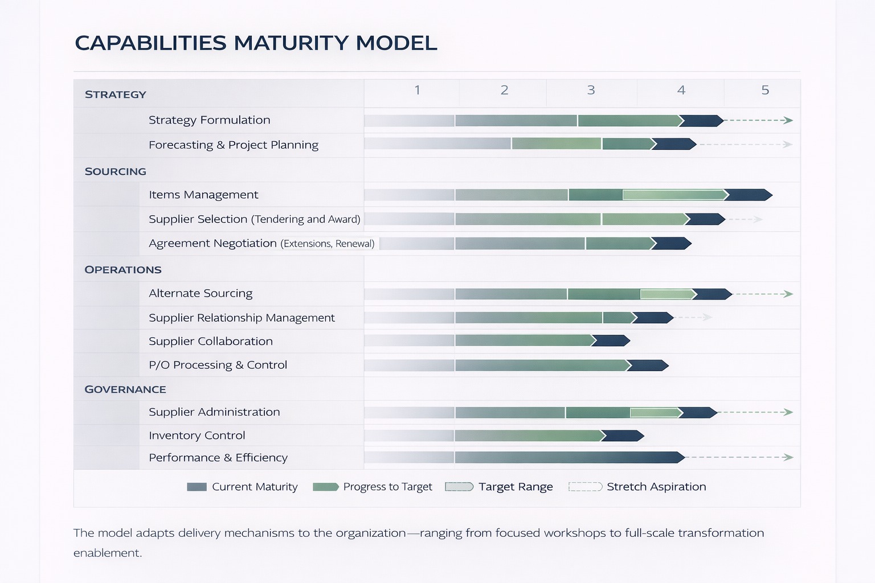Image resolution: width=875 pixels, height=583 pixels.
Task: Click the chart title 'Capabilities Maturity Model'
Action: click(x=256, y=43)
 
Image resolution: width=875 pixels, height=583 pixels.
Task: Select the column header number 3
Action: click(x=591, y=90)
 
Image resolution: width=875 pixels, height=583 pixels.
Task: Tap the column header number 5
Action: click(x=765, y=90)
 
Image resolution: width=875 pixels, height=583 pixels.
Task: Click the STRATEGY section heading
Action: click(x=116, y=95)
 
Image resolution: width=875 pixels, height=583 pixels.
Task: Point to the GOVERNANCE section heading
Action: click(x=125, y=389)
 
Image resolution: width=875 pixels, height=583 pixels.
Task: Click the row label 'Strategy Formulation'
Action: click(x=209, y=120)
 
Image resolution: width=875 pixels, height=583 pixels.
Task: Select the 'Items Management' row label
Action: click(x=203, y=195)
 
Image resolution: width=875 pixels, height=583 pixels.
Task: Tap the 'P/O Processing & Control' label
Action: click(x=218, y=365)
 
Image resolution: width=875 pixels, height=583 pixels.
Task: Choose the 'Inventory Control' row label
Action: click(x=197, y=436)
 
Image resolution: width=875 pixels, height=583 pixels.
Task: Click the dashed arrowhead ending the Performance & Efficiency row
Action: click(x=788, y=457)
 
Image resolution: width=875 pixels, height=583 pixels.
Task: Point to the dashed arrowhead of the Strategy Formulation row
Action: click(x=788, y=121)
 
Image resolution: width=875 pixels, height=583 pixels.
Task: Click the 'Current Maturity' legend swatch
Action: click(x=197, y=487)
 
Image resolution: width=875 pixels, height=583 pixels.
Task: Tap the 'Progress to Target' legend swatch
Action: click(x=325, y=487)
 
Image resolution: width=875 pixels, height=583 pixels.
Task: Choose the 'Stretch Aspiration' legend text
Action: click(x=656, y=487)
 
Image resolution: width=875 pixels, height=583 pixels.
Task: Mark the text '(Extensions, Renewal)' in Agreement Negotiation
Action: click(x=328, y=244)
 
